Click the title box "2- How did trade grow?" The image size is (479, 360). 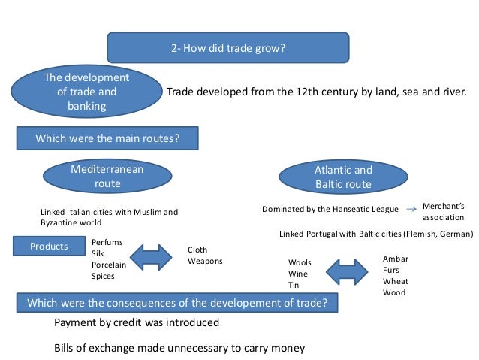pos(228,47)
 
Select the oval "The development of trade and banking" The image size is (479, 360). pos(86,92)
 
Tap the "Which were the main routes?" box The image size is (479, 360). pos(107,139)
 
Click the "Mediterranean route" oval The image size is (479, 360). pos(107,177)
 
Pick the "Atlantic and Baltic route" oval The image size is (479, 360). pos(342,177)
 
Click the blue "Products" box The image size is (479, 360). pos(48,247)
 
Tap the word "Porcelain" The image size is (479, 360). pos(109,265)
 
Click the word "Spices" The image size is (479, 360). pos(104,277)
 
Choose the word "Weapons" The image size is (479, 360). pos(205,262)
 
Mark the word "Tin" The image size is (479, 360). pos(294,286)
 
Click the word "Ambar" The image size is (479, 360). pos(395,259)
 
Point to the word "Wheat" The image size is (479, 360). pos(395,281)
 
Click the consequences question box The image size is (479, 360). pos(177,304)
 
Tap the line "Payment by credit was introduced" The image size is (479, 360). pos(137,323)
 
